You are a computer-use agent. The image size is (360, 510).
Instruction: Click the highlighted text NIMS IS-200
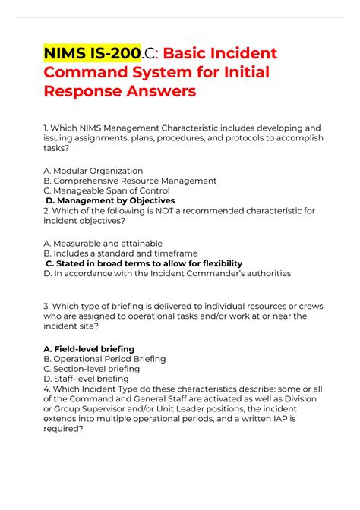[92, 55]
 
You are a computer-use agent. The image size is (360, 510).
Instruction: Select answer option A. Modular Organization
[93, 171]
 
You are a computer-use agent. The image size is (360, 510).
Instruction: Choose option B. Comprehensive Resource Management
[130, 181]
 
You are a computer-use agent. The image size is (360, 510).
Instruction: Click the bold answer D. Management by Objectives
[111, 201]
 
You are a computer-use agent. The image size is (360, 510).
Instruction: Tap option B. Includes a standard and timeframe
[121, 253]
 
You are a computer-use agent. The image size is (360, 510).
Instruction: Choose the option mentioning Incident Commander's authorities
[167, 273]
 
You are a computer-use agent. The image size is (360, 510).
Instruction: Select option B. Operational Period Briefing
[105, 358]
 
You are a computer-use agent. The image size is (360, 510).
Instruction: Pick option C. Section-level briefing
[92, 368]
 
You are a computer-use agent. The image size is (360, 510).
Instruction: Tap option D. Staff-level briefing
[86, 378]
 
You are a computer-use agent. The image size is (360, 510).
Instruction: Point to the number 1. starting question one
[47, 127]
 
